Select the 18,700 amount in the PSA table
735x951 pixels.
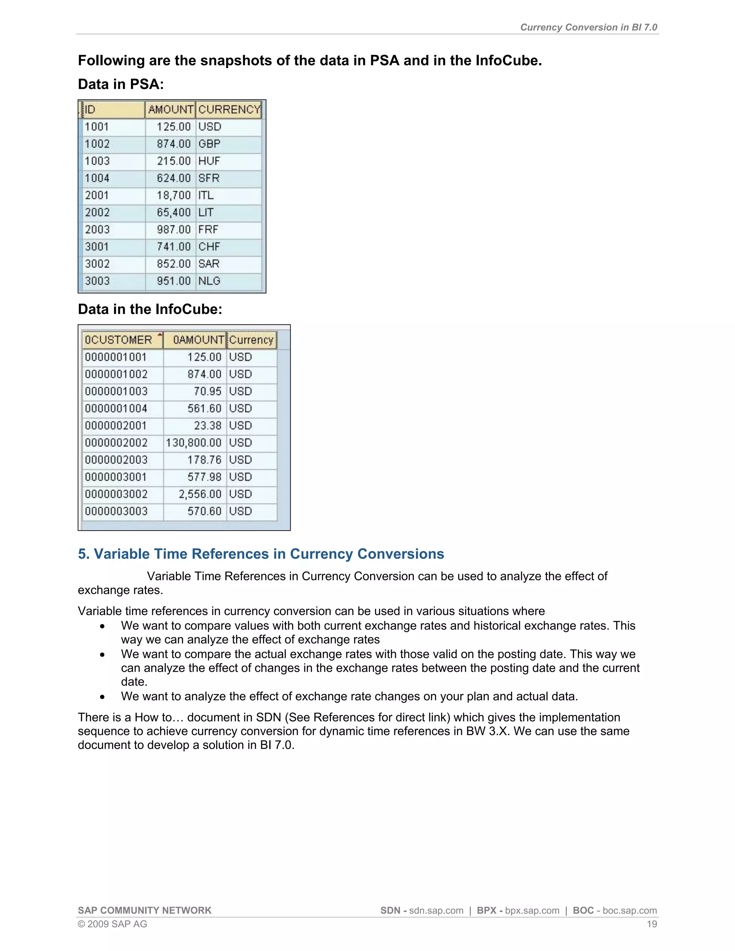point(174,196)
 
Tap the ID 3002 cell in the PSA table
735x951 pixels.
point(97,264)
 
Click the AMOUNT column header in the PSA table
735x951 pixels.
point(170,109)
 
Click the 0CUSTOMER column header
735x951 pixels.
point(118,339)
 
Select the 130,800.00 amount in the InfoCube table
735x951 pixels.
point(194,443)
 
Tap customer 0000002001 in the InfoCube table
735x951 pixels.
point(116,425)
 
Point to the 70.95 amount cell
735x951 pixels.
point(208,391)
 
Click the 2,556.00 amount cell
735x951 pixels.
point(200,494)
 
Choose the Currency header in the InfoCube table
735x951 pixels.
point(251,339)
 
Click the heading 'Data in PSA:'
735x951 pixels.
point(121,84)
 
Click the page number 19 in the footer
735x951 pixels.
point(651,924)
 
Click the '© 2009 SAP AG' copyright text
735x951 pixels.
point(112,924)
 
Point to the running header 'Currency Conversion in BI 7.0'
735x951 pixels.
point(588,27)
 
